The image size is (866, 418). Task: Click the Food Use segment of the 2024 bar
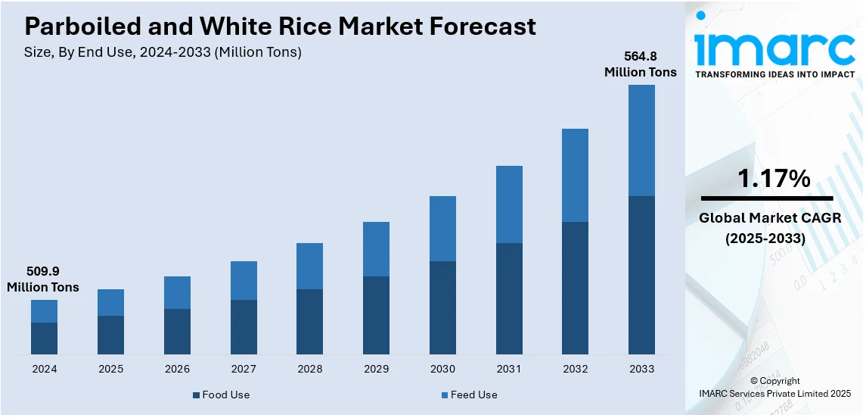[x=44, y=338]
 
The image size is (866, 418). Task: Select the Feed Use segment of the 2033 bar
[x=641, y=140]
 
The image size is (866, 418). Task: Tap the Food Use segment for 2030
[x=442, y=307]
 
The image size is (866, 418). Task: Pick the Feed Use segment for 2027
[x=244, y=280]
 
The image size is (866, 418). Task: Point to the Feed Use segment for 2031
[x=509, y=204]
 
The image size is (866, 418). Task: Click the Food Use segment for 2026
[x=177, y=332]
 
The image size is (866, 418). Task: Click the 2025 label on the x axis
[x=110, y=369]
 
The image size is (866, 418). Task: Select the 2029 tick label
[x=376, y=369]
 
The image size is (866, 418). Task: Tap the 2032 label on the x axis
[x=575, y=369]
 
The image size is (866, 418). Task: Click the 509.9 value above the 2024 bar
[x=43, y=270]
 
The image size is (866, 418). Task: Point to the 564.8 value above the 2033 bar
[x=640, y=56]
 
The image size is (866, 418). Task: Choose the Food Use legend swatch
[x=196, y=395]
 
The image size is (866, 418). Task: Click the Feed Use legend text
[x=474, y=395]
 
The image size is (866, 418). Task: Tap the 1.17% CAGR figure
[x=774, y=179]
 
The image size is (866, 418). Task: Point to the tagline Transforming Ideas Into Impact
[x=774, y=74]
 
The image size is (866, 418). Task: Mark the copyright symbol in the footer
[x=753, y=381]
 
